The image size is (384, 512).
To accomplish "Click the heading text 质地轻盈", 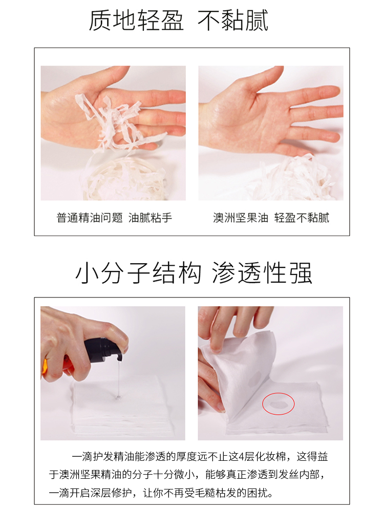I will point(136,21).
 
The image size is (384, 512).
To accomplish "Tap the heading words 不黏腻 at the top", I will point(233,21).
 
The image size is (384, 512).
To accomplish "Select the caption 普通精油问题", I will point(90,218).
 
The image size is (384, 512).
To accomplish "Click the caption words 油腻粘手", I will point(150,218).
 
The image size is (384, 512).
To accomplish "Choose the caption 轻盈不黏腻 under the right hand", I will point(302,218).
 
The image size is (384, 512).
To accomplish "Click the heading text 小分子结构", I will point(138,274).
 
